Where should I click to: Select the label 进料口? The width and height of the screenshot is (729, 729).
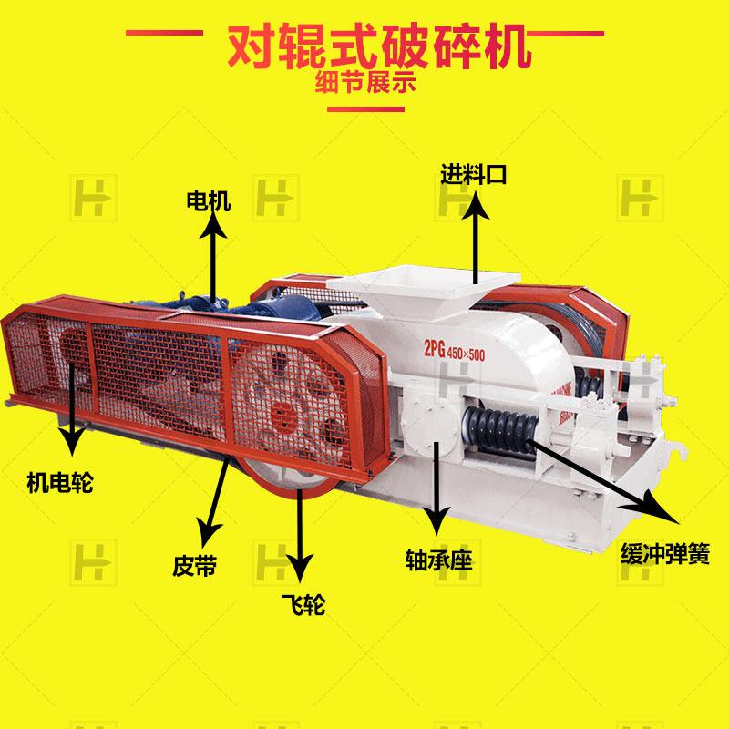pos(473,173)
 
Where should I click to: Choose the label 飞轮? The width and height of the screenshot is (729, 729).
pos(303,603)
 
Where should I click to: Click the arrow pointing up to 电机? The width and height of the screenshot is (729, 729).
pos(215,260)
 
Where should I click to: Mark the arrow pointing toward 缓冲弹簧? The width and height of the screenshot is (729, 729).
pos(611,483)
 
